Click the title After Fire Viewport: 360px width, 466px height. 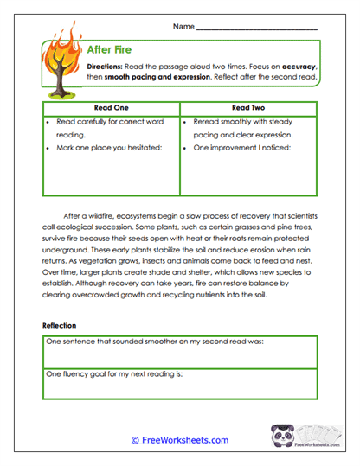tap(109, 50)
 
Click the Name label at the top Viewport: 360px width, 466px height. tap(183, 28)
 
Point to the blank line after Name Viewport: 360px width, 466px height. tap(256, 29)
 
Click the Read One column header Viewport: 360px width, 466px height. tap(110, 108)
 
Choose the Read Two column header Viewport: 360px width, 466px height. tap(249, 108)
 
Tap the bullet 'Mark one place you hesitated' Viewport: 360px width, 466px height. tap(109, 148)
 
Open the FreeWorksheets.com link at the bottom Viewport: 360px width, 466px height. tap(179, 440)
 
